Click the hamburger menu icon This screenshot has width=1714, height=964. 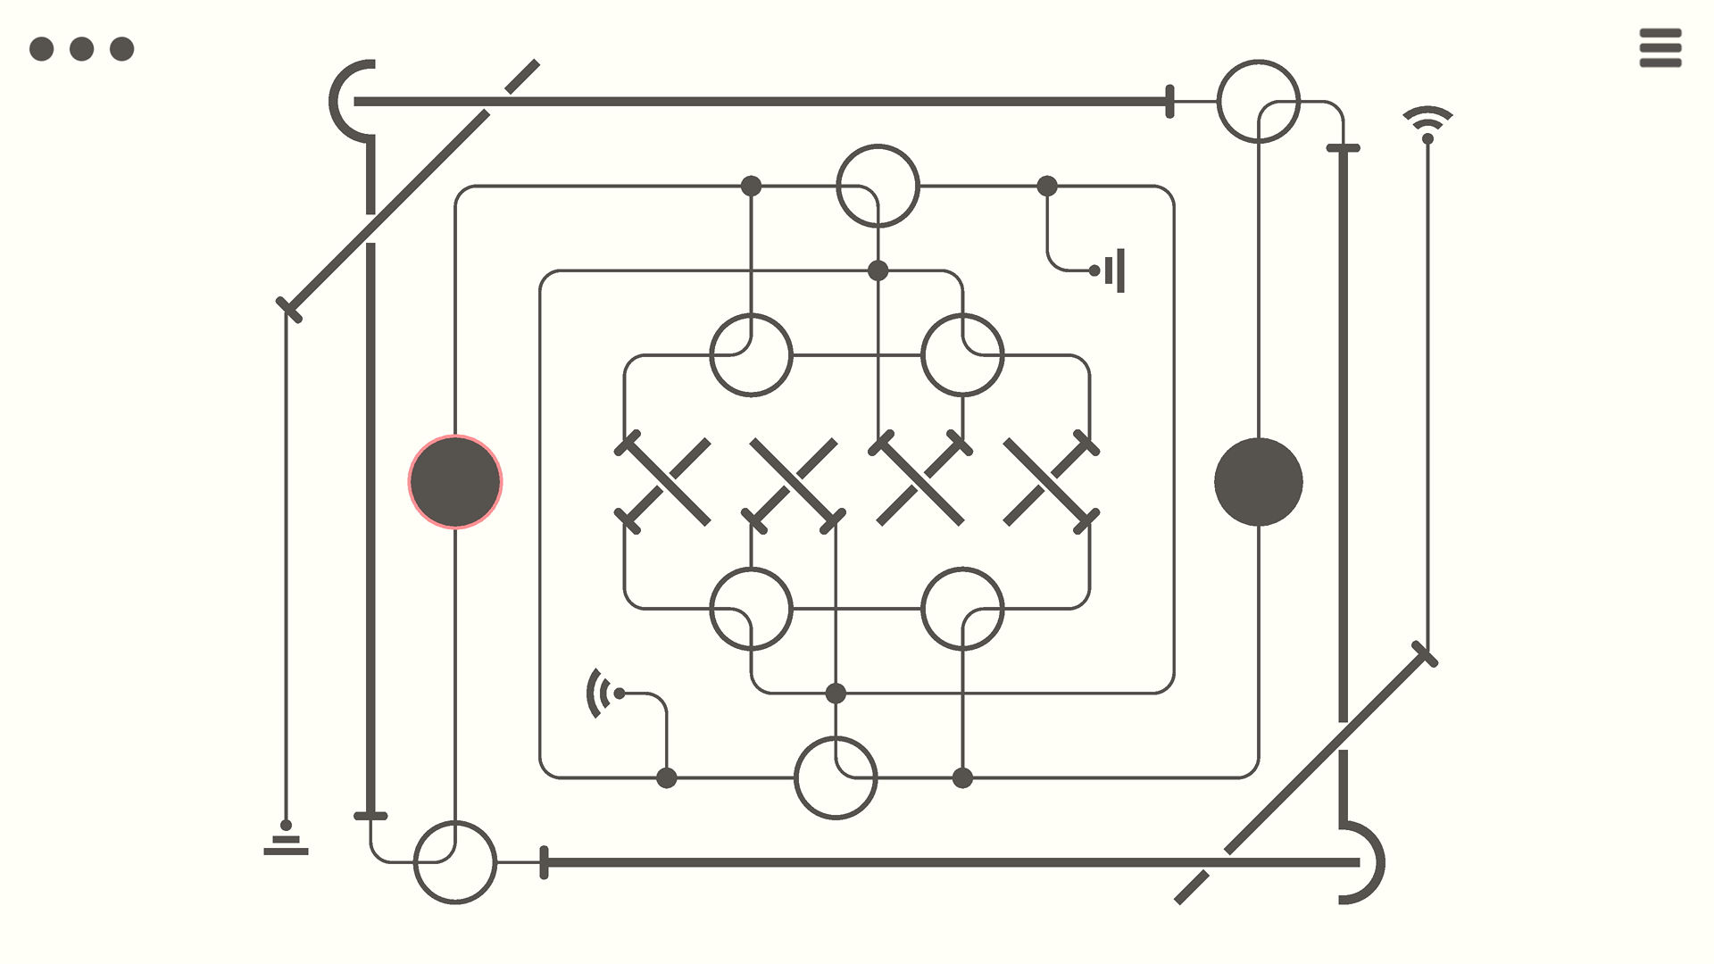pyautogui.click(x=1660, y=48)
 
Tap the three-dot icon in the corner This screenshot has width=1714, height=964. pyautogui.click(x=81, y=48)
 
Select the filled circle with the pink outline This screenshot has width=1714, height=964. pyautogui.click(x=455, y=482)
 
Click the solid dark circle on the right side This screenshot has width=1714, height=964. pyautogui.click(x=1259, y=482)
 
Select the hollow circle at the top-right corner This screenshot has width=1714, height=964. pyautogui.click(x=1259, y=101)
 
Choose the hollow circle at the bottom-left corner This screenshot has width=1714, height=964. pyautogui.click(x=455, y=862)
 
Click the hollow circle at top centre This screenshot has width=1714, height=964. pyautogui.click(x=878, y=186)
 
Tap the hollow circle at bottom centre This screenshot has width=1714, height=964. pyautogui.click(x=836, y=777)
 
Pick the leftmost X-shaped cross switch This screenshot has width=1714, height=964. pyautogui.click(x=666, y=482)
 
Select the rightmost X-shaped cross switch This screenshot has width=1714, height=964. pyautogui.click(x=1048, y=482)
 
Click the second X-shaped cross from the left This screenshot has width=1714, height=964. pyautogui.click(x=793, y=482)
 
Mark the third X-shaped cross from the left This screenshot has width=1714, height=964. pyautogui.click(x=920, y=482)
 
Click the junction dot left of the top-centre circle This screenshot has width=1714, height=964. pyautogui.click(x=751, y=186)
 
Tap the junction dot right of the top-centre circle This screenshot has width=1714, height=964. pyautogui.click(x=1047, y=186)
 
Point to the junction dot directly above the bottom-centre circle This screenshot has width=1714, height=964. pyautogui.click(x=836, y=693)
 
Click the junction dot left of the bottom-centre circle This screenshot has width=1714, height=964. pyautogui.click(x=666, y=777)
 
